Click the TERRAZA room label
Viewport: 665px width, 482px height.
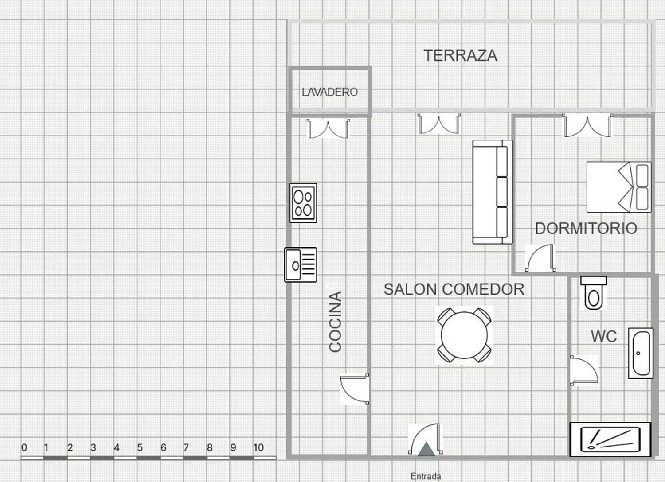tap(460, 56)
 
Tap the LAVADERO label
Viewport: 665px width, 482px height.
tap(329, 92)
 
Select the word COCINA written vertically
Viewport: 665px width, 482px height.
tap(336, 321)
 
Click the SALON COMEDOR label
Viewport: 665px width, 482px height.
tap(454, 289)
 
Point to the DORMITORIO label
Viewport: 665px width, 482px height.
tap(586, 228)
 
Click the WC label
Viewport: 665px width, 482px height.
tap(603, 336)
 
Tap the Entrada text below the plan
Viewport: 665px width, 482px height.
tap(426, 476)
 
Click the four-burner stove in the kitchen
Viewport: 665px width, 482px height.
tap(303, 202)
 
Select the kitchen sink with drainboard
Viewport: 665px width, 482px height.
tap(301, 264)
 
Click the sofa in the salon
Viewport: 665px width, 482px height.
tap(492, 192)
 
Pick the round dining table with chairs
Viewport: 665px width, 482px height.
tap(464, 335)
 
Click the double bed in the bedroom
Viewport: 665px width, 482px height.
tap(618, 187)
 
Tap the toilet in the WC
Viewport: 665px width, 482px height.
tap(593, 293)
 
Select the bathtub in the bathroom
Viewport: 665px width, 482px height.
tap(641, 353)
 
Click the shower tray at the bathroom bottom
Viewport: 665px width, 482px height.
tap(610, 439)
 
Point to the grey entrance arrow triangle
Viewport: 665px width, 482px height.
tap(426, 450)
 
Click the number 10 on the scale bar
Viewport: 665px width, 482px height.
tap(258, 447)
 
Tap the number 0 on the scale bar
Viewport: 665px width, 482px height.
tap(24, 447)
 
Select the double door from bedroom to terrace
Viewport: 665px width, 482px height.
tap(587, 126)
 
